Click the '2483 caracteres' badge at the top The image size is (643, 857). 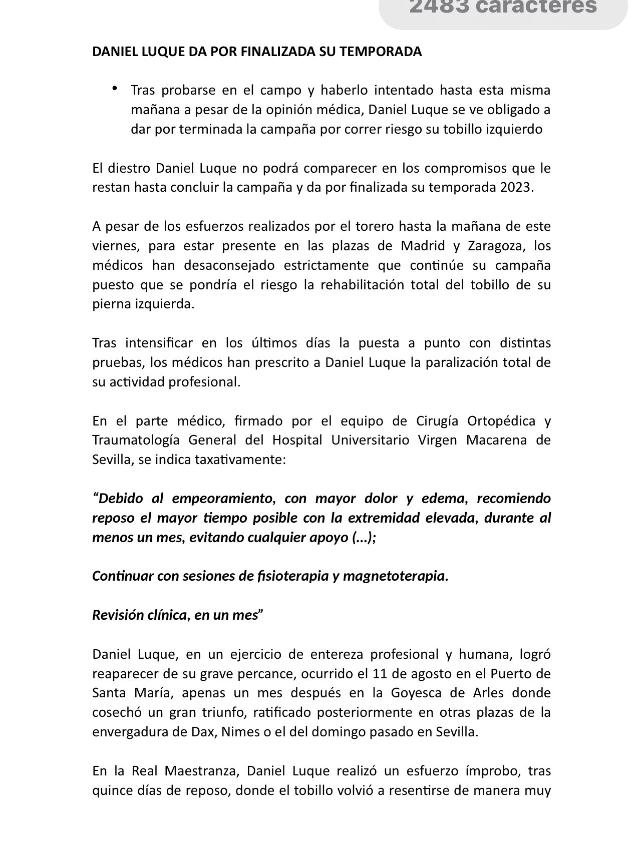click(x=503, y=7)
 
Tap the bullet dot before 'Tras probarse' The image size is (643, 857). click(x=115, y=89)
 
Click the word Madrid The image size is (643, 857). click(x=422, y=246)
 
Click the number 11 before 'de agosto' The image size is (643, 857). click(x=380, y=674)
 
